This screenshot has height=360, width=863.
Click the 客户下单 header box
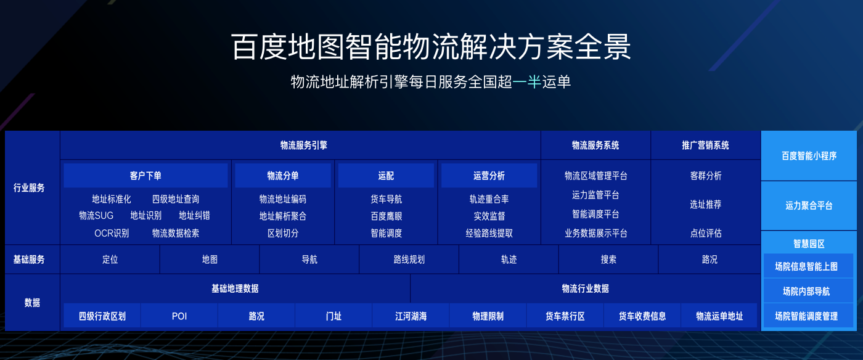pos(145,176)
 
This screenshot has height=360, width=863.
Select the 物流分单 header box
pos(283,176)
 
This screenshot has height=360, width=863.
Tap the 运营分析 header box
pos(489,176)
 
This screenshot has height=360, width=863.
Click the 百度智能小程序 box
pos(809,156)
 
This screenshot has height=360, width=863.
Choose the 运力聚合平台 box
pos(809,205)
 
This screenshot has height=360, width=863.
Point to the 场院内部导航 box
pos(806,292)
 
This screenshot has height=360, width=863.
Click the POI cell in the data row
pos(179,316)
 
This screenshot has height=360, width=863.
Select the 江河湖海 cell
pos(411,316)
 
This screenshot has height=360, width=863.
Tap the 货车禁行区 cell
pos(565,316)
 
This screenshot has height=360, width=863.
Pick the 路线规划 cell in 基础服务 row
pos(409,260)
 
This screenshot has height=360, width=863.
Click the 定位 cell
pos(110,260)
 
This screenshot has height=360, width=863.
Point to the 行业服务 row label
pos(29,188)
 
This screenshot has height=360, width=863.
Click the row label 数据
pos(32,303)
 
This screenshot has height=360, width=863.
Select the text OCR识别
pos(112,233)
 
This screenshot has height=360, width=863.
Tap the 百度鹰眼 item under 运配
pos(386,216)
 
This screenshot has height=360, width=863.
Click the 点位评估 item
pos(705,233)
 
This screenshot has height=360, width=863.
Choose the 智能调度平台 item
pos(595,214)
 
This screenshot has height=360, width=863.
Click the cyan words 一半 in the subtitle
pos(526,82)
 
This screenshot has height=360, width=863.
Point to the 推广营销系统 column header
pos(705,145)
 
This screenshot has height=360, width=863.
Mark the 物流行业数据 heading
pos(585,288)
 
